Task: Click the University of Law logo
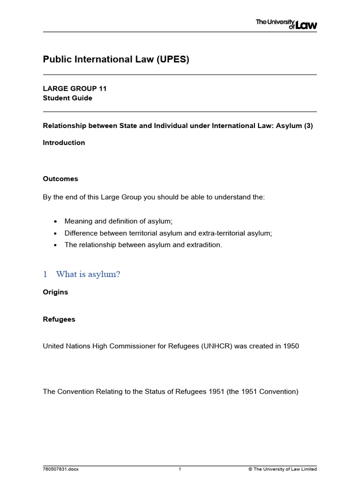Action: pyautogui.click(x=286, y=24)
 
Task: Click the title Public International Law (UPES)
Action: pyautogui.click(x=116, y=60)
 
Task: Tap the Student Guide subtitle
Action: pyautogui.click(x=67, y=98)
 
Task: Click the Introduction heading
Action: pyautogui.click(x=64, y=142)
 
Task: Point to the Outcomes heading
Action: pyautogui.click(x=60, y=179)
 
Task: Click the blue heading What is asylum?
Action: pyautogui.click(x=87, y=274)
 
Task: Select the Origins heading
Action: pyautogui.click(x=55, y=292)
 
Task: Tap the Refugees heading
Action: pyautogui.click(x=59, y=319)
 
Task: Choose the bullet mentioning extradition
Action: pyautogui.click(x=142, y=245)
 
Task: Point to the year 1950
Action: pyautogui.click(x=290, y=346)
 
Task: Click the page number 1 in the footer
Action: pyautogui.click(x=180, y=469)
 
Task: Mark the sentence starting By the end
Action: pyautogui.click(x=154, y=197)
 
